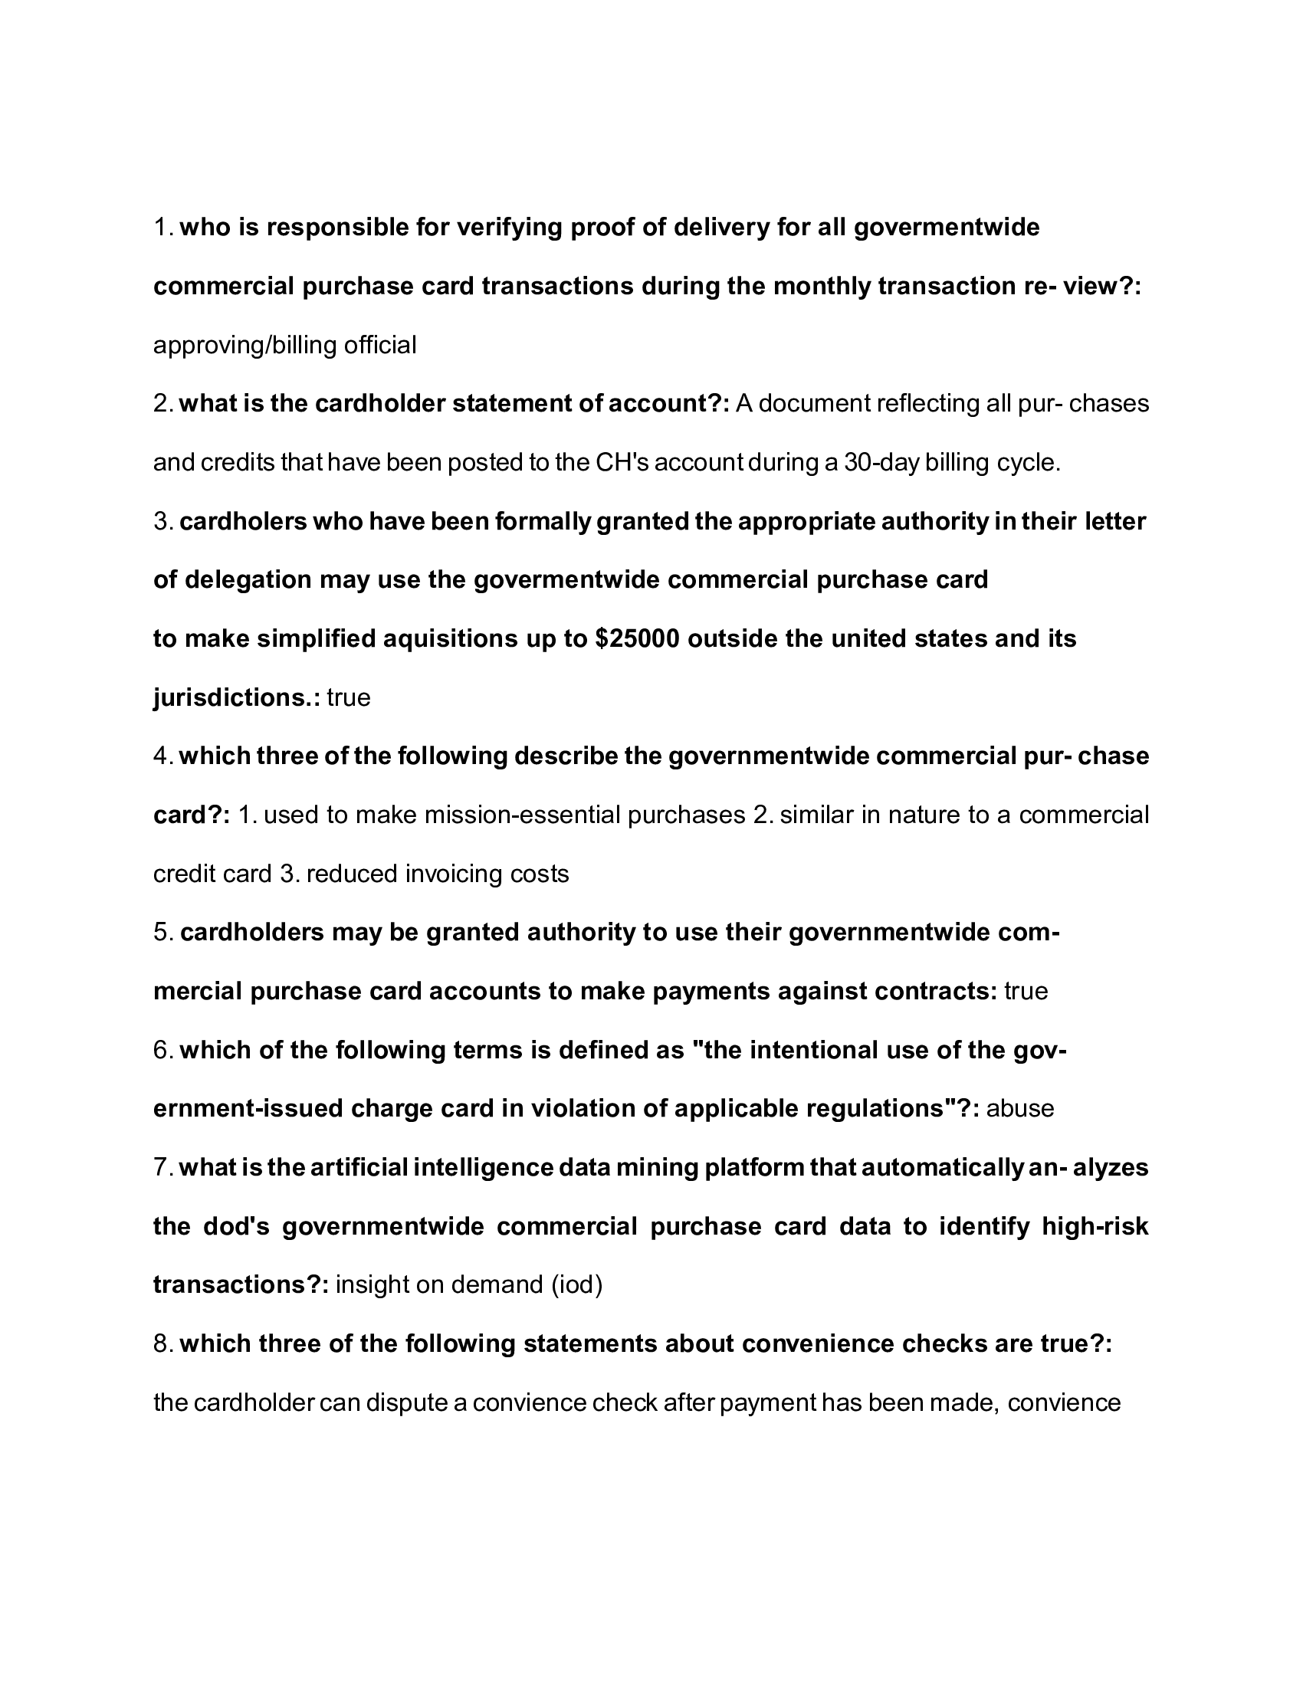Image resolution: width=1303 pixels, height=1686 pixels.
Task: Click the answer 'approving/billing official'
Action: pyautogui.click(x=284, y=345)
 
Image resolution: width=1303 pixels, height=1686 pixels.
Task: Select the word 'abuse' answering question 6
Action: pyautogui.click(x=1019, y=1109)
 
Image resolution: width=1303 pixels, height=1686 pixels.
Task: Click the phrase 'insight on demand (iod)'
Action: pyautogui.click(x=469, y=1284)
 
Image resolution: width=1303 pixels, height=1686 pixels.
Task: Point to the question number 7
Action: pyautogui.click(x=162, y=1167)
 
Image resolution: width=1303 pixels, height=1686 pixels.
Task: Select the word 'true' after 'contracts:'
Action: pyautogui.click(x=1026, y=991)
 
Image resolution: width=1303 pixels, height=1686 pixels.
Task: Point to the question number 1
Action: pyautogui.click(x=162, y=228)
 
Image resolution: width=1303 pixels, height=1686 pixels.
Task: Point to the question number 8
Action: pyautogui.click(x=162, y=1344)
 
